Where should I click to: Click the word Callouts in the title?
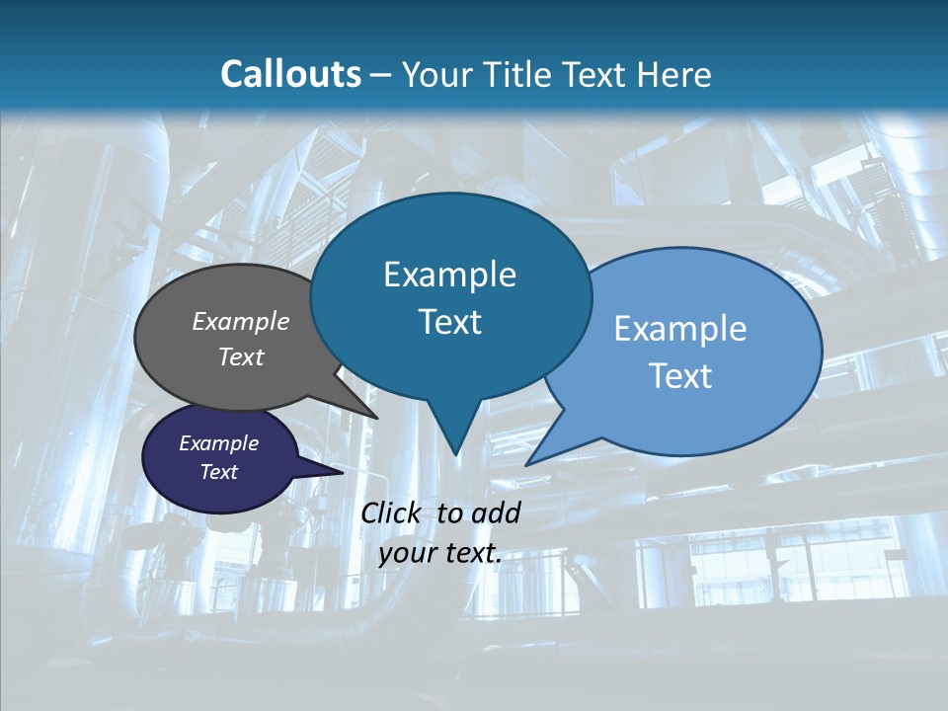point(290,74)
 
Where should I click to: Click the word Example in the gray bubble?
point(241,321)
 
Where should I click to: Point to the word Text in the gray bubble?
point(241,356)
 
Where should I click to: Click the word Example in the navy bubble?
point(219,443)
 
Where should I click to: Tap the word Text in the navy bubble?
point(219,472)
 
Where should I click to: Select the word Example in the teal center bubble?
point(449,275)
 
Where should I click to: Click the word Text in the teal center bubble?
point(449,322)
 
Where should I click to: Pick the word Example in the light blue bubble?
point(680,329)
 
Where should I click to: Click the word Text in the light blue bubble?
point(680,376)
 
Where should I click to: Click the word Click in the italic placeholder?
point(392,513)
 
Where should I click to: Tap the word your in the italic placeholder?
point(406,554)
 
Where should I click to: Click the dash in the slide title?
point(382,74)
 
